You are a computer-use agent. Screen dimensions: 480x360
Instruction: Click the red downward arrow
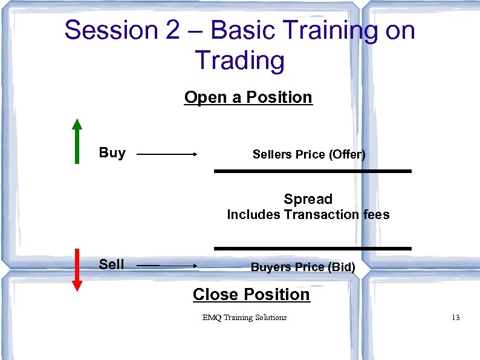point(77,270)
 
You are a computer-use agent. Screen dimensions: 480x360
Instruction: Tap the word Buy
point(112,152)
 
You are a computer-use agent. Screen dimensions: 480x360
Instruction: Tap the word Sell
point(111,264)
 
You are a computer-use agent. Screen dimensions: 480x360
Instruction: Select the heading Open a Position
point(248,97)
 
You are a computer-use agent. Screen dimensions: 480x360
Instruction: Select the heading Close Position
point(251,295)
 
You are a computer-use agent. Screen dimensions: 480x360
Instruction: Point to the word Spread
point(308,199)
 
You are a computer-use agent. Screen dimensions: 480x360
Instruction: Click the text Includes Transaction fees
point(308,214)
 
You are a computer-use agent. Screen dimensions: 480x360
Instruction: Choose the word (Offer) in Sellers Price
point(347,154)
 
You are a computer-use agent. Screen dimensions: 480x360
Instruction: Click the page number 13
point(455,318)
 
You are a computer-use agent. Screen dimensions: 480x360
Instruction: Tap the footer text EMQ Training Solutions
point(245,318)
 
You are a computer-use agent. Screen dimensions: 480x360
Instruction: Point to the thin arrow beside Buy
point(167,155)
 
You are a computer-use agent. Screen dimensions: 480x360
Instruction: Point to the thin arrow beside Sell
point(167,266)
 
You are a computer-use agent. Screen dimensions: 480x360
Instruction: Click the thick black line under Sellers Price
point(313,171)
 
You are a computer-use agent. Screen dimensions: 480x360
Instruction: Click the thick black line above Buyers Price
point(313,248)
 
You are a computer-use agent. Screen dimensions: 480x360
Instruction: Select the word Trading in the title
point(239,61)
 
